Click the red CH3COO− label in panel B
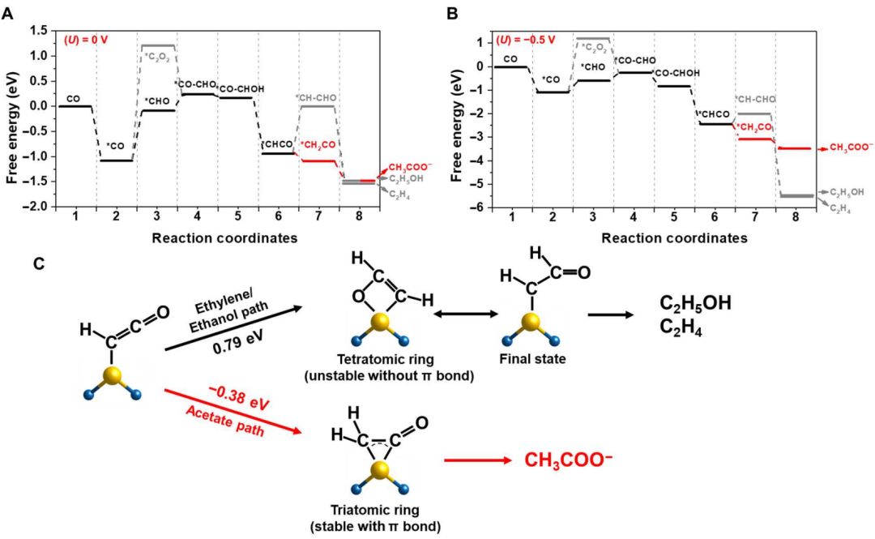tap(846, 148)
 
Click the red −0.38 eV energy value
tap(230, 403)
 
